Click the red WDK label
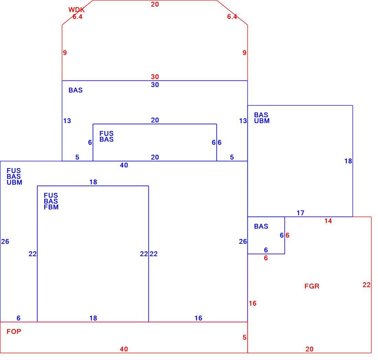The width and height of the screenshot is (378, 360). (76, 10)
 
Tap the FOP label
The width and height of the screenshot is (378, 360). (14, 331)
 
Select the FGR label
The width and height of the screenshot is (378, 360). (312, 286)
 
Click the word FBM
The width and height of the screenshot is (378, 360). (51, 207)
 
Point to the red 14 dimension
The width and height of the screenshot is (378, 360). (328, 221)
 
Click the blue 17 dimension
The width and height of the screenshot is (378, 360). (300, 213)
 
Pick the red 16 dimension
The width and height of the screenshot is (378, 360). (253, 303)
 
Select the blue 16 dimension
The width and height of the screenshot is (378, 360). (198, 318)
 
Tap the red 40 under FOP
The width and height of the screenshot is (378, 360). (124, 349)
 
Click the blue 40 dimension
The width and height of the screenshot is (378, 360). (124, 165)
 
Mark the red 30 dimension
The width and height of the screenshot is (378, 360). (155, 77)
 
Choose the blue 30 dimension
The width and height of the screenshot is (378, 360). (155, 85)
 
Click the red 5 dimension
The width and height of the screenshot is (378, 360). (244, 338)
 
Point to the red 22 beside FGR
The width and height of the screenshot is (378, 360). (366, 285)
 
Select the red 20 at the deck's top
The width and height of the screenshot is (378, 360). (155, 4)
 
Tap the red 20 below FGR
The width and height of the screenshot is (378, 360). (309, 349)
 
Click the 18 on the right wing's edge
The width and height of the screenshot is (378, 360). (348, 161)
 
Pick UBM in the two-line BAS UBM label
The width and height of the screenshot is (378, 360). (262, 121)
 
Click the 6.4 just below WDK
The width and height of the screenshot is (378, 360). (77, 17)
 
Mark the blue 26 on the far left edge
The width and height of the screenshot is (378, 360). (5, 241)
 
